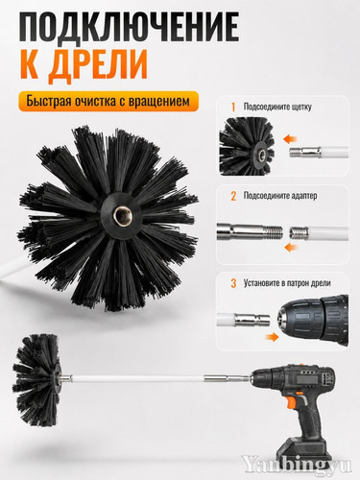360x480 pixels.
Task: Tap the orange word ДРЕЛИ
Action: point(97,66)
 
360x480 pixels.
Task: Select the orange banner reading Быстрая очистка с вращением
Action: point(108,102)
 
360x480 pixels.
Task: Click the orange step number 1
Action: point(233,108)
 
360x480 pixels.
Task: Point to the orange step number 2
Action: point(233,196)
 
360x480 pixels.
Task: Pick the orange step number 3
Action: point(233,283)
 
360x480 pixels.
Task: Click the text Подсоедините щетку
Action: point(277,107)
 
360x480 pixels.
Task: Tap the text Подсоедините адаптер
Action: point(280,196)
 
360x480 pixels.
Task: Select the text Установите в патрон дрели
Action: point(287,283)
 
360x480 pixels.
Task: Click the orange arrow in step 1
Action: point(290,139)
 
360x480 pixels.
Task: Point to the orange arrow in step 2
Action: point(291,247)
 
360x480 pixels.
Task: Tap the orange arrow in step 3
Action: point(273,337)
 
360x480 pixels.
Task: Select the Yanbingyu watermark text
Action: point(297,464)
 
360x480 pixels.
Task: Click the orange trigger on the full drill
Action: point(291,400)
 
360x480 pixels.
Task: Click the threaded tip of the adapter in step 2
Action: point(274,231)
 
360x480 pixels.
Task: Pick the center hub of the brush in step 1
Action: point(261,155)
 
